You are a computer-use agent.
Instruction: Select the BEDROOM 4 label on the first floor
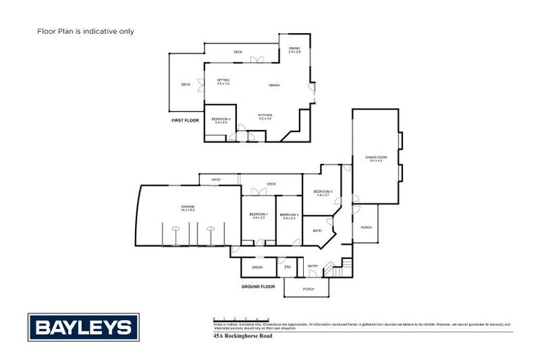221,120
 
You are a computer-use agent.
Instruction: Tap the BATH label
316,231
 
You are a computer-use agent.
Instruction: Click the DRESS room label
258,267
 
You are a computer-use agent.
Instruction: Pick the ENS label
287,267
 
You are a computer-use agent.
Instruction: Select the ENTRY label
314,266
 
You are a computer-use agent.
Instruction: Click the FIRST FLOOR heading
186,121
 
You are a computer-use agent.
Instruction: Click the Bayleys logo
84,327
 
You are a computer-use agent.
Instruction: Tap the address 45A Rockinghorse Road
242,337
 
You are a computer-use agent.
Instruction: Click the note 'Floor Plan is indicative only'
85,32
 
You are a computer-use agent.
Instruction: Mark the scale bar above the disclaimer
241,319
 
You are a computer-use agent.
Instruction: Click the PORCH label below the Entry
308,289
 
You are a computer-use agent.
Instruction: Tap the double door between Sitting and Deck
201,84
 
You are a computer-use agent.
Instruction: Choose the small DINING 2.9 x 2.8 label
295,50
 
